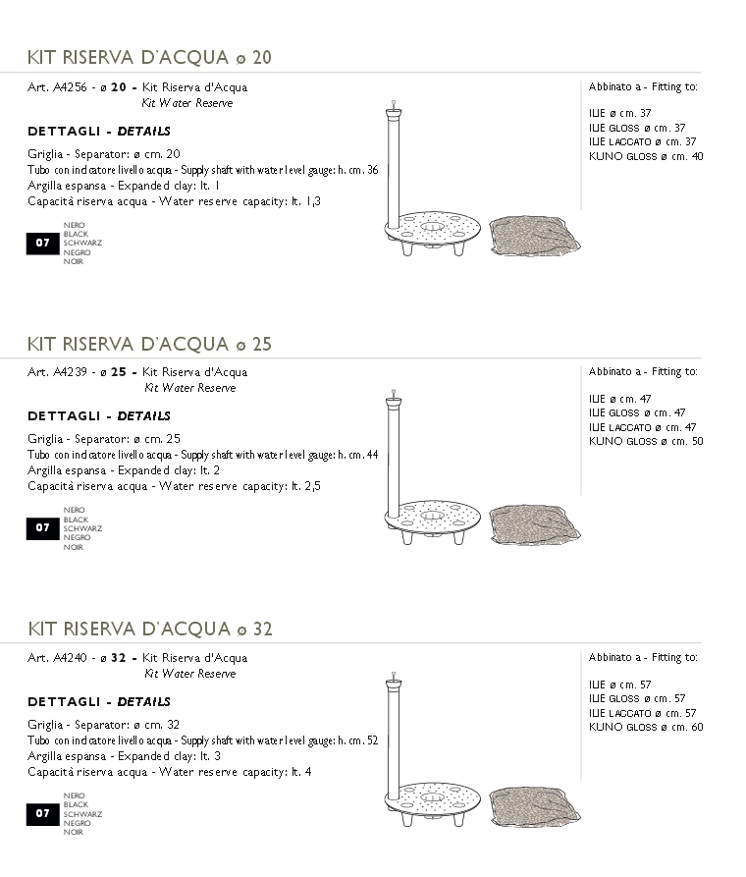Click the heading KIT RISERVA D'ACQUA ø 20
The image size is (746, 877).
click(x=149, y=58)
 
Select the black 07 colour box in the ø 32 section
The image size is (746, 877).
click(x=42, y=813)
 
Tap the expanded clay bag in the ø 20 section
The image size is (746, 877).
click(x=534, y=236)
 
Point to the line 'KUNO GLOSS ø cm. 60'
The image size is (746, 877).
click(x=646, y=728)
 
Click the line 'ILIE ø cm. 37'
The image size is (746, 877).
click(x=619, y=114)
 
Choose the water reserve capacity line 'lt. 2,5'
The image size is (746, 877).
click(x=174, y=486)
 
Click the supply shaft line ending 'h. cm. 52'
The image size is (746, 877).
click(x=202, y=740)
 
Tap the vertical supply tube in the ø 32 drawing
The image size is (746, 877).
click(x=393, y=741)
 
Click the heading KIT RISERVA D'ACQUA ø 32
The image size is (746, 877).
click(x=149, y=630)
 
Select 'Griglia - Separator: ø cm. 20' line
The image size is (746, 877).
click(x=103, y=154)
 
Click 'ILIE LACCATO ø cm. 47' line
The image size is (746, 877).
click(x=642, y=427)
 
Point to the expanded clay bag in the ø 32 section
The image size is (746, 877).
click(x=534, y=806)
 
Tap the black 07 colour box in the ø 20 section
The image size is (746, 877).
click(x=42, y=243)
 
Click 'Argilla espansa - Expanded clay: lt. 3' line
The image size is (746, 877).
click(x=124, y=756)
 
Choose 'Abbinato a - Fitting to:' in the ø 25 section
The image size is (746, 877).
click(x=643, y=372)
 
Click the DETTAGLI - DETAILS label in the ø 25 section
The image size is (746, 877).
click(x=99, y=416)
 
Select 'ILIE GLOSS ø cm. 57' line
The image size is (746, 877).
click(x=637, y=699)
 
